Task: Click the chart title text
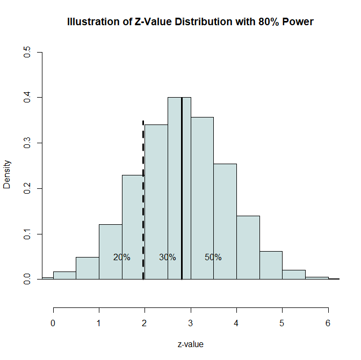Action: pyautogui.click(x=190, y=22)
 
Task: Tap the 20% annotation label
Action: pyautogui.click(x=122, y=257)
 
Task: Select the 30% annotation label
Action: pyautogui.click(x=168, y=257)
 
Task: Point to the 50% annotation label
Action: pyautogui.click(x=213, y=257)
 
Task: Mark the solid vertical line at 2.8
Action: pyautogui.click(x=182, y=161)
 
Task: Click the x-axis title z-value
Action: pyautogui.click(x=190, y=344)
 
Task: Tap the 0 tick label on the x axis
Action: pyautogui.click(x=53, y=324)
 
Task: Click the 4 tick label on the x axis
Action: pyautogui.click(x=236, y=324)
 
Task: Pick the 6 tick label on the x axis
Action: pyautogui.click(x=328, y=324)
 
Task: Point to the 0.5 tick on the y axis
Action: pyautogui.click(x=27, y=53)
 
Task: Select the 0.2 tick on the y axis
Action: pyautogui.click(x=27, y=188)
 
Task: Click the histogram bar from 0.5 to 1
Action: pyautogui.click(x=88, y=268)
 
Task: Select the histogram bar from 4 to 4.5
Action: pyautogui.click(x=248, y=247)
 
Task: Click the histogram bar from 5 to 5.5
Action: pyautogui.click(x=294, y=275)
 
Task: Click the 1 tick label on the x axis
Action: pyautogui.click(x=99, y=324)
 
